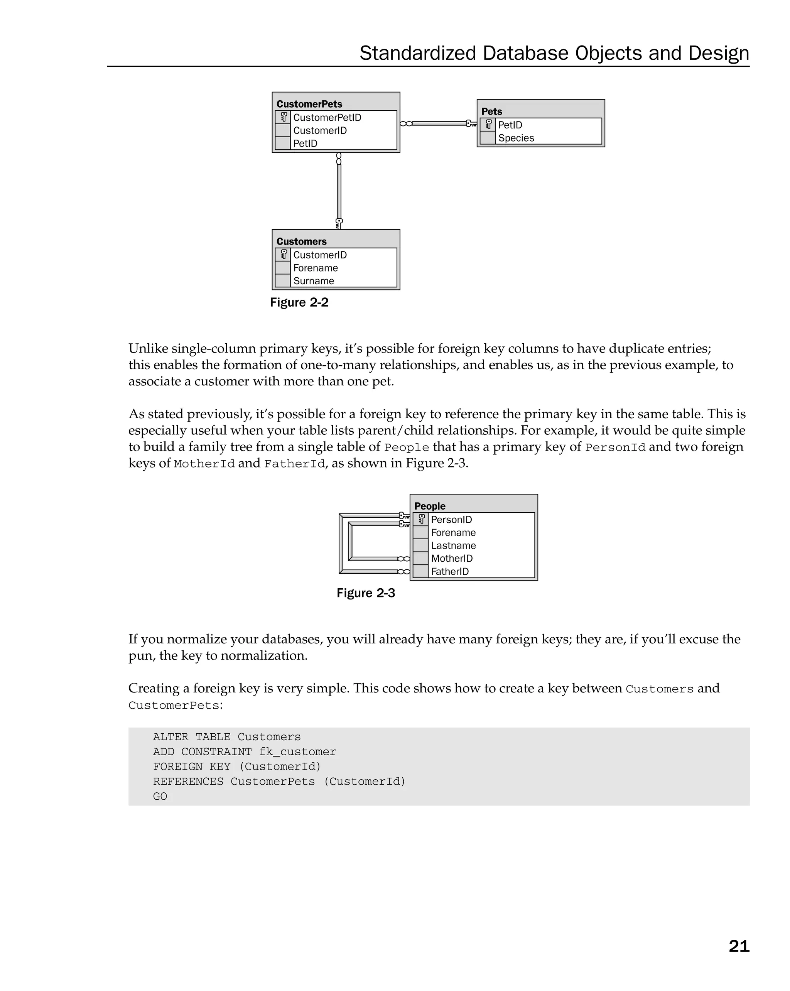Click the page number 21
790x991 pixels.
(x=739, y=946)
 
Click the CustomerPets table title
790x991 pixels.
(x=309, y=104)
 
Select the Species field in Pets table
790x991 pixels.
(x=516, y=138)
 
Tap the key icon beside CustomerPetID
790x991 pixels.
(x=284, y=117)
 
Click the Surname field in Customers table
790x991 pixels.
(x=314, y=281)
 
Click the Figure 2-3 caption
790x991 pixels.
(x=365, y=593)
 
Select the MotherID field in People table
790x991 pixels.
(x=451, y=559)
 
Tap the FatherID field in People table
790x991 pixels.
(x=449, y=571)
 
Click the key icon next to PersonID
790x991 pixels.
(x=421, y=519)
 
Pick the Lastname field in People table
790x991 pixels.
(x=453, y=545)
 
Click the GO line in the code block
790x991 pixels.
(x=160, y=797)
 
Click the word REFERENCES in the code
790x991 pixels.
(x=188, y=782)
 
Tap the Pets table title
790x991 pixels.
(x=491, y=111)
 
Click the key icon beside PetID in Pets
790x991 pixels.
(x=488, y=125)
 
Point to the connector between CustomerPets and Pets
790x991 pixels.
(x=439, y=123)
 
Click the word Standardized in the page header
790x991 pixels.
(x=417, y=53)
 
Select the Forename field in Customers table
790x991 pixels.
(x=315, y=268)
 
